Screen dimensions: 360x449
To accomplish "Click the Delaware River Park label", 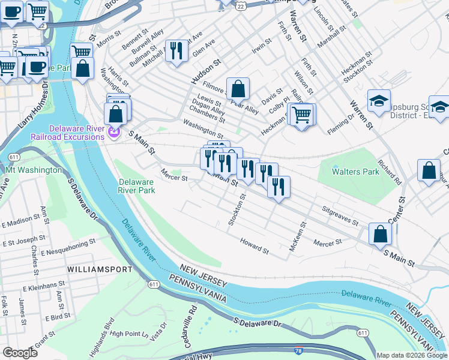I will pos(137,186).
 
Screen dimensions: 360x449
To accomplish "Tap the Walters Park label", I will pos(356,172).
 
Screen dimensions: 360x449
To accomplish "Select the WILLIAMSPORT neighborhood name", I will pos(100,269).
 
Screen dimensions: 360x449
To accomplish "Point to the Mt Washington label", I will pos(34,170).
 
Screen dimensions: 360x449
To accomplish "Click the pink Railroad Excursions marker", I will pos(114,130).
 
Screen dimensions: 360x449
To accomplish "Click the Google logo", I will pos(20,353).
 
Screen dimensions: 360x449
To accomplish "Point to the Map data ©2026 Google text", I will pos(411,355).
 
